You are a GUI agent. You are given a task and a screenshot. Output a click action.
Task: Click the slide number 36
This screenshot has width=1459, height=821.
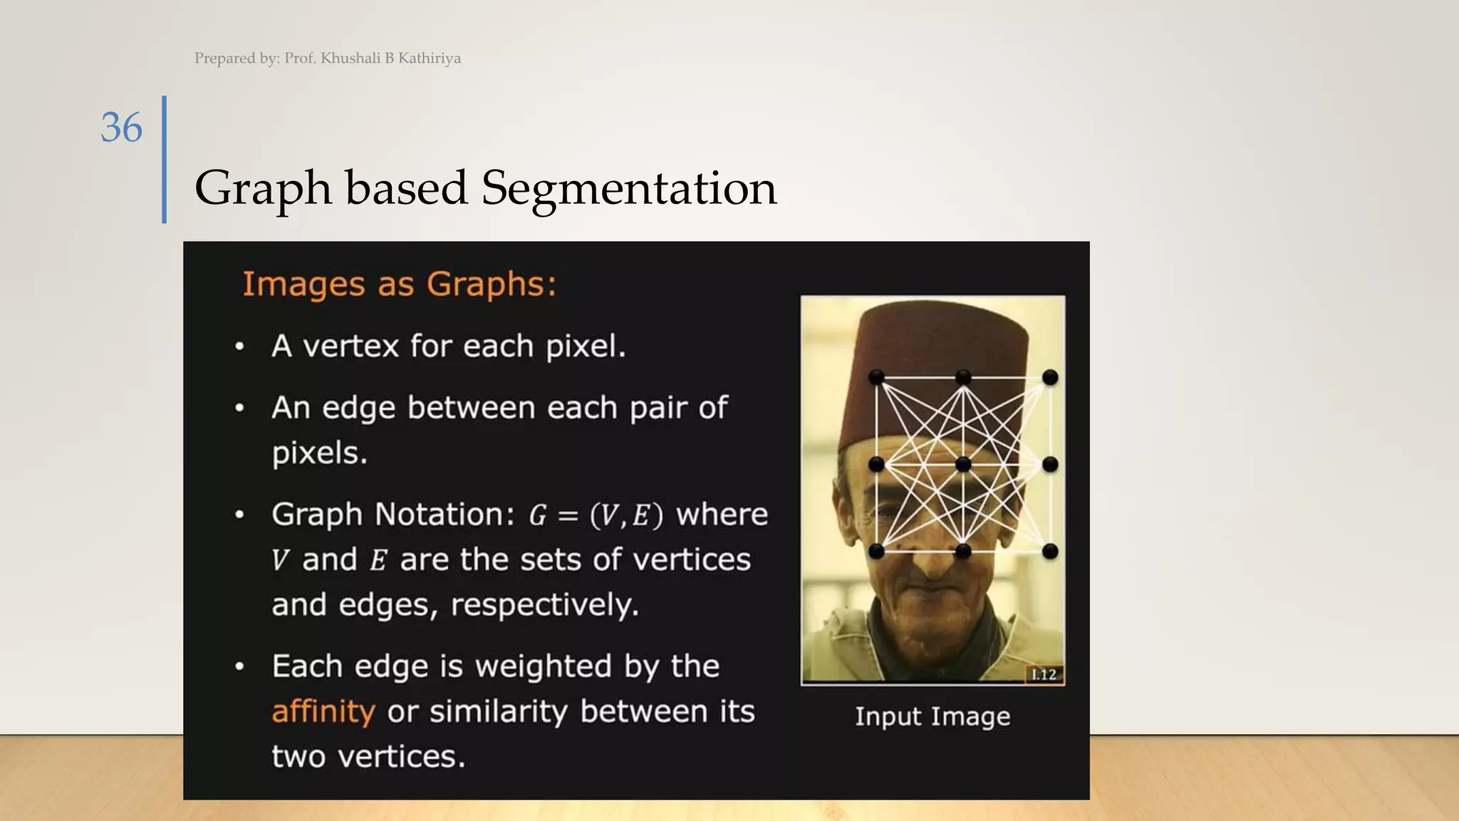[122, 128]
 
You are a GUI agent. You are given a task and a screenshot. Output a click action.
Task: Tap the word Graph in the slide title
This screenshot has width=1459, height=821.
[263, 190]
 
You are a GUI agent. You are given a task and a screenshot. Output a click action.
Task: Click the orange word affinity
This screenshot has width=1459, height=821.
[323, 712]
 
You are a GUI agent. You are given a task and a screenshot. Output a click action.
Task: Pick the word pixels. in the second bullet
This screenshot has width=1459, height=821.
[319, 453]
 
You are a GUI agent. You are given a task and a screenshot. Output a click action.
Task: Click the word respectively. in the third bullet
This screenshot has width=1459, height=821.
[545, 605]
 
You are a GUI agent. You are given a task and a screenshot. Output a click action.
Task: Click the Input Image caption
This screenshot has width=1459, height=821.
[933, 716]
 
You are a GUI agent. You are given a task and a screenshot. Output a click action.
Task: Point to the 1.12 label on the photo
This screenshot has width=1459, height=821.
[1044, 675]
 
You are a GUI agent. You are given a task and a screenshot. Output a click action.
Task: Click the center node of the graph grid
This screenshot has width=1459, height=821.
[963, 465]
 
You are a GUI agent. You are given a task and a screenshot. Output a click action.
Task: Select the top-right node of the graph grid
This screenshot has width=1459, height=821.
[1050, 377]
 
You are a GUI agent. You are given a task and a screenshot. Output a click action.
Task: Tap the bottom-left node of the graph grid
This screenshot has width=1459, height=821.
[876, 551]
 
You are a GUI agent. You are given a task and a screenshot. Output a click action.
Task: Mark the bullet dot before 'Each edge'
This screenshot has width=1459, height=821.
[240, 667]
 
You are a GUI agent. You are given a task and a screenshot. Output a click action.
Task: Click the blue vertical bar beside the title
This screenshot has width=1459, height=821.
[165, 160]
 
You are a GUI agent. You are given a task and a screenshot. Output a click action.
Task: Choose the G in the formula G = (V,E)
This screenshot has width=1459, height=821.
[538, 515]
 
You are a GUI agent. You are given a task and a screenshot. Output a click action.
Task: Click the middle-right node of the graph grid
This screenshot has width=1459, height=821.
[1050, 465]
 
